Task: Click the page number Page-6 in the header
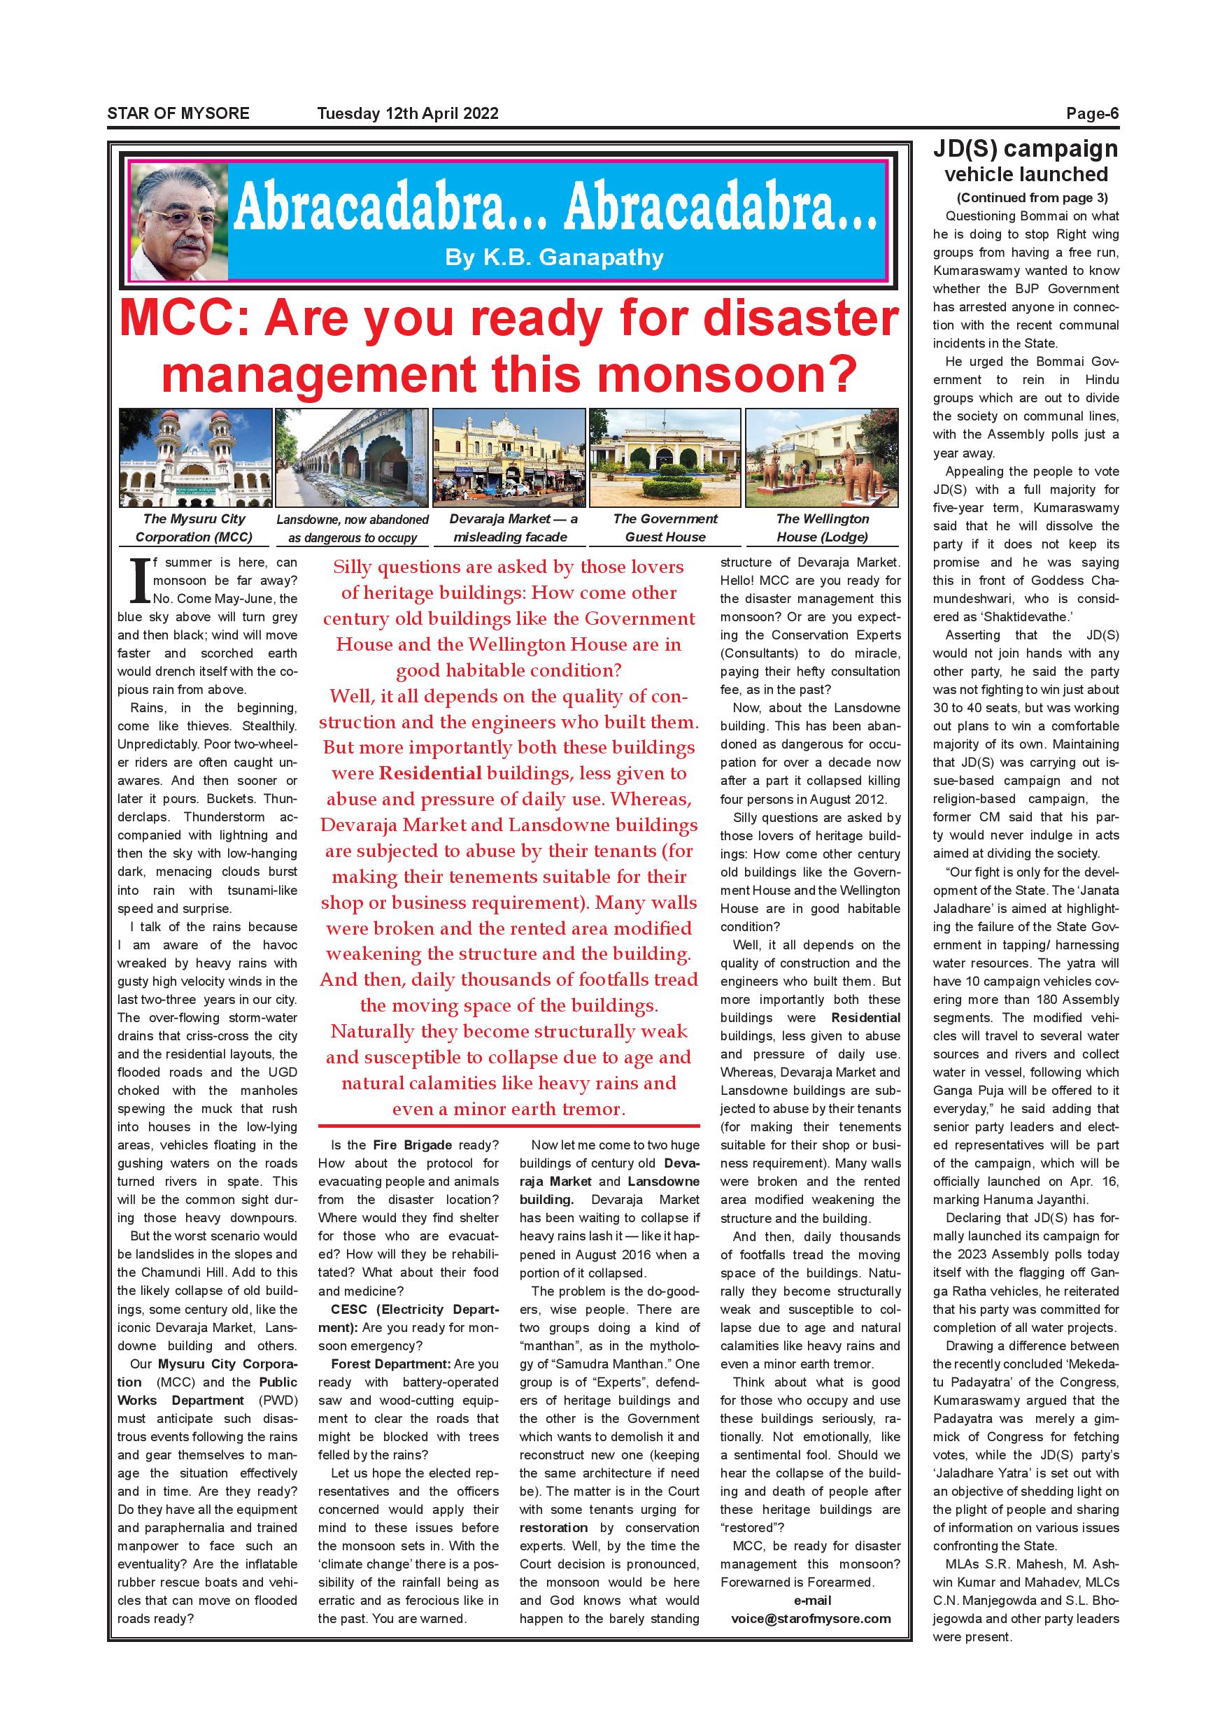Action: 1092,114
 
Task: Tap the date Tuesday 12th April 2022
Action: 407,114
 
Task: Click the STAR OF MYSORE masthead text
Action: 178,114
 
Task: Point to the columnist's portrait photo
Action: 179,222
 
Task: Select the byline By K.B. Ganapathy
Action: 554,257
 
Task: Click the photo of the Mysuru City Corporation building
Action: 195,457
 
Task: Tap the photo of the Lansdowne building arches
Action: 351,457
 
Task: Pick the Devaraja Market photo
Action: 509,457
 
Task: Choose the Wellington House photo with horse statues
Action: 821,457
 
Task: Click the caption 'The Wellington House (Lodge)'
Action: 822,527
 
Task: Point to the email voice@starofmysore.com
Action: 811,1619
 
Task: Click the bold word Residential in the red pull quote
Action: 430,773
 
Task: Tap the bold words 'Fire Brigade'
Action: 413,1145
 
